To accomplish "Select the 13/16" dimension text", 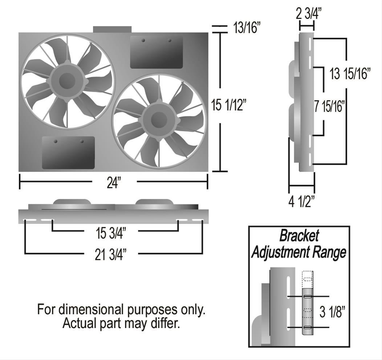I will pyautogui.click(x=247, y=29).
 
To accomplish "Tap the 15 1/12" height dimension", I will pyautogui.click(x=229, y=106).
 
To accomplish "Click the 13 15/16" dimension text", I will pyautogui.click(x=350, y=74).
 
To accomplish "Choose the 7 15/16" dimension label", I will pyautogui.click(x=329, y=107).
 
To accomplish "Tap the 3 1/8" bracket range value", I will pyautogui.click(x=332, y=312).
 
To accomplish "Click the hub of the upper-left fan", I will pyautogui.click(x=67, y=81).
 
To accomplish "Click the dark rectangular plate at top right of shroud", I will pyautogui.click(x=156, y=52).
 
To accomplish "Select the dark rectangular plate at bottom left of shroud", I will pyautogui.click(x=68, y=152).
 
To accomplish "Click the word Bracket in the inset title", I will pyautogui.click(x=299, y=236).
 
